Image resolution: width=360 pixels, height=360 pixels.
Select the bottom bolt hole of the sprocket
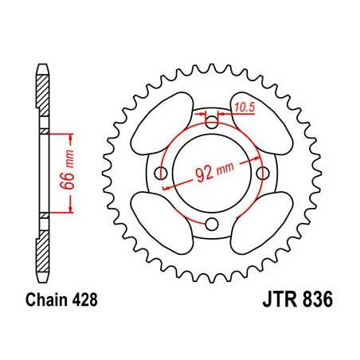pos(212,224)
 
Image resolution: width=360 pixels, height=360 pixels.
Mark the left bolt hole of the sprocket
pos(162,174)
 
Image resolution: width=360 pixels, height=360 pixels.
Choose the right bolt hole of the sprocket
pos(262,174)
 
